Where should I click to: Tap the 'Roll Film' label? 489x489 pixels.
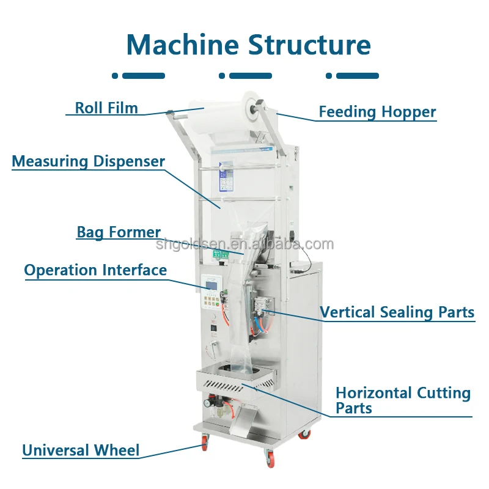pos(106,108)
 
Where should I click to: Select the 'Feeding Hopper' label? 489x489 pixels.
pos(377,112)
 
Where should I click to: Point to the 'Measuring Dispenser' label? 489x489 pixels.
pos(89,161)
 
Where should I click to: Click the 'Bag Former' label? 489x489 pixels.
pos(119,232)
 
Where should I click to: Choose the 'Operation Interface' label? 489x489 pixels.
pos(95,270)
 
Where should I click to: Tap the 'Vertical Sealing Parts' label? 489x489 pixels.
pos(397,312)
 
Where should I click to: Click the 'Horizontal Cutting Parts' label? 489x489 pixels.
pos(403,400)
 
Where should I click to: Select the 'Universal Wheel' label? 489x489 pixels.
pos(81,451)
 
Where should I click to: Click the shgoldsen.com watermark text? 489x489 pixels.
pos(244,245)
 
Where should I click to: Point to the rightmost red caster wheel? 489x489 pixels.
pos(304,435)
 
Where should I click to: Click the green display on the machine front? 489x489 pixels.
pos(224,254)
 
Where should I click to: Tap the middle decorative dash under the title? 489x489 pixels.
pos(245,76)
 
